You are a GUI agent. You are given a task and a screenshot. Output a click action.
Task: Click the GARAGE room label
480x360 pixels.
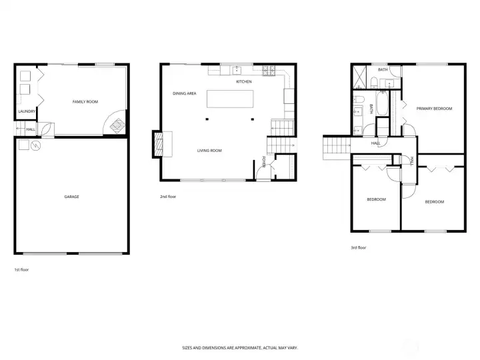pos(71,197)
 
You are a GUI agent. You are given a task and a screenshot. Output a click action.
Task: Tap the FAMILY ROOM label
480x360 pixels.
pos(85,101)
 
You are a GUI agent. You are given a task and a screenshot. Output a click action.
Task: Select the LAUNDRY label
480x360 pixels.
pos(27,111)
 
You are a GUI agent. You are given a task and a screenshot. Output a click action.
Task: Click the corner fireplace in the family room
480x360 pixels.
pos(117,125)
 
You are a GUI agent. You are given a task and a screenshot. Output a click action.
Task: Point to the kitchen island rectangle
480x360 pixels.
pos(230,99)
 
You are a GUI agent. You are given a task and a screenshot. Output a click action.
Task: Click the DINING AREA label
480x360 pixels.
pos(184,93)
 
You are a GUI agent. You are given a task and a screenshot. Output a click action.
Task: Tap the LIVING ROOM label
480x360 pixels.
pos(209,151)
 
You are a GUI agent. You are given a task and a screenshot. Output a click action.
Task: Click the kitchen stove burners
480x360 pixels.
pos(269,71)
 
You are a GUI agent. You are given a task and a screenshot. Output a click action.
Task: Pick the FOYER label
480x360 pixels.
pos(263,162)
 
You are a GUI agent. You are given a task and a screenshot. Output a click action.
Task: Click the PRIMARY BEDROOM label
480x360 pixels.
pos(434,109)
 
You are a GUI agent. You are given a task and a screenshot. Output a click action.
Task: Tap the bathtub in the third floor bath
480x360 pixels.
pos(382,103)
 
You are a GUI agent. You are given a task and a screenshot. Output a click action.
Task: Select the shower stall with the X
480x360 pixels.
pos(359,77)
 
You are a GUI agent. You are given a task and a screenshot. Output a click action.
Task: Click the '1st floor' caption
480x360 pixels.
pos(21,270)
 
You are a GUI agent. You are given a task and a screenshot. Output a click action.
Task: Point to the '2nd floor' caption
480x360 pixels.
pos(168,197)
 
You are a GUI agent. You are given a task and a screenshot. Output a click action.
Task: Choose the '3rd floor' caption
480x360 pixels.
pos(358,247)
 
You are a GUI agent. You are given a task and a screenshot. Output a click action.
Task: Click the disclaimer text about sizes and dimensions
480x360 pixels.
pos(240,348)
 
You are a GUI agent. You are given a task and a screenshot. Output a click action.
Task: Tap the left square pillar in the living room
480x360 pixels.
pos(207,119)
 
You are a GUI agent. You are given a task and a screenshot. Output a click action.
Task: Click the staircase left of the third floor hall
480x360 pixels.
pos(337,147)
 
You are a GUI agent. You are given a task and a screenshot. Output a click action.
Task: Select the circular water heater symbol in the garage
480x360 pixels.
pos(36,145)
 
